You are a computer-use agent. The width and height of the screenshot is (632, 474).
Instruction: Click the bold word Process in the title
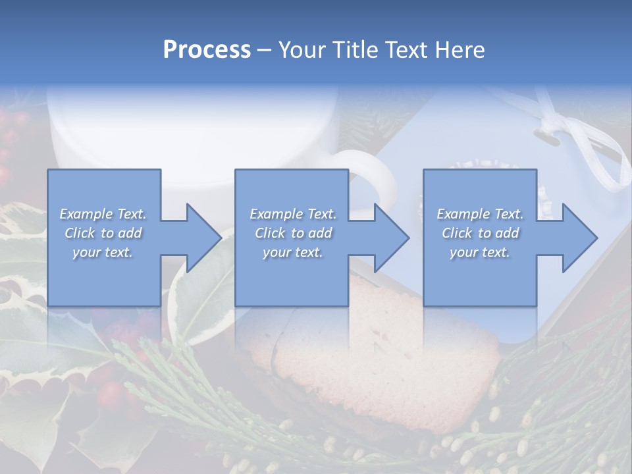(x=207, y=50)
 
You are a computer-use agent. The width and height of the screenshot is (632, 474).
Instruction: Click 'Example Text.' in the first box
(x=103, y=214)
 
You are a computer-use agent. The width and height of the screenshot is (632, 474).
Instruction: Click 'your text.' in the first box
(x=103, y=252)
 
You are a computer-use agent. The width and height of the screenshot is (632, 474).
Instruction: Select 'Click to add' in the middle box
(x=293, y=233)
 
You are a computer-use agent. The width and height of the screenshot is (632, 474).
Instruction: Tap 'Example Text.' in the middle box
(x=293, y=214)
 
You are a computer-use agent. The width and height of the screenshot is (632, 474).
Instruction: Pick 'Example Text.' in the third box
(x=480, y=214)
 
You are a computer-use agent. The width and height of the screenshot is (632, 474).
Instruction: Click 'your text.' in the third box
(x=480, y=252)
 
